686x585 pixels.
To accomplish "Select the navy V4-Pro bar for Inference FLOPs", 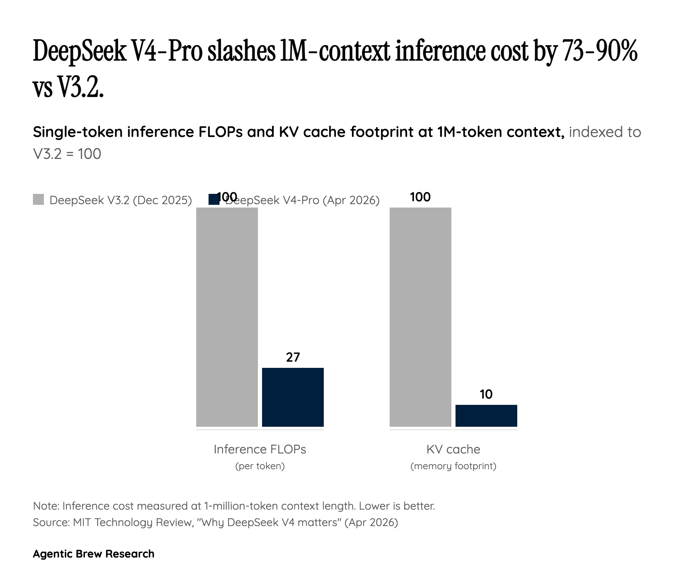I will [293, 397].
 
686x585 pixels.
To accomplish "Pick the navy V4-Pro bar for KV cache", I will [486, 415].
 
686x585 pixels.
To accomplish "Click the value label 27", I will [293, 357].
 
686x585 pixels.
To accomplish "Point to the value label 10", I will [486, 394].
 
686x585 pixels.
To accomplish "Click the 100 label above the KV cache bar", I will [420, 197].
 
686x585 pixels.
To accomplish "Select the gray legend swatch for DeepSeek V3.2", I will [38, 199].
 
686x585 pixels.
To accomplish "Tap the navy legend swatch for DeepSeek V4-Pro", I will [214, 199].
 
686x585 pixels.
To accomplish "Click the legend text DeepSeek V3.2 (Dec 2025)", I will [120, 200].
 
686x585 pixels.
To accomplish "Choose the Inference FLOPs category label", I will [260, 449].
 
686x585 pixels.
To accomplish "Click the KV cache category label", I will [453, 449].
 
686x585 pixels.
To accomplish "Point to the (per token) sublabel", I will [260, 466].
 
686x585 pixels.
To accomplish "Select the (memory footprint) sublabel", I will [453, 466].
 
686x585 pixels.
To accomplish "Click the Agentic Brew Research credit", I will [93, 554].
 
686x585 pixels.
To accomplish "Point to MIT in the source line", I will [82, 522].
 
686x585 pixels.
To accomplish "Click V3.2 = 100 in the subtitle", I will [67, 154].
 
